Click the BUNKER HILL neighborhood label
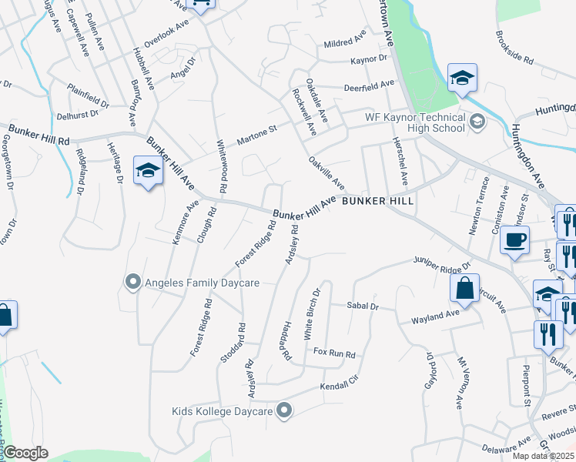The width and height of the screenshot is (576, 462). tap(377, 200)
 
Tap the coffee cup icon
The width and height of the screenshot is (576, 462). tap(514, 239)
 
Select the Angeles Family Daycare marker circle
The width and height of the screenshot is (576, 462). tap(132, 283)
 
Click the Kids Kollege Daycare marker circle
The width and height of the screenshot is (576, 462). tap(285, 411)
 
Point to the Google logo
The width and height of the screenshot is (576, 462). tap(25, 453)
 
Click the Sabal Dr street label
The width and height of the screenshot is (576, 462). tap(363, 306)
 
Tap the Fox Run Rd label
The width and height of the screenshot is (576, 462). tap(334, 354)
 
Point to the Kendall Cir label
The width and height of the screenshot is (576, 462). tap(340, 383)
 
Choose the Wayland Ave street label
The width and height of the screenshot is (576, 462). tap(434, 316)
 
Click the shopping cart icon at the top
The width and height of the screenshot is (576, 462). tap(202, 5)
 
